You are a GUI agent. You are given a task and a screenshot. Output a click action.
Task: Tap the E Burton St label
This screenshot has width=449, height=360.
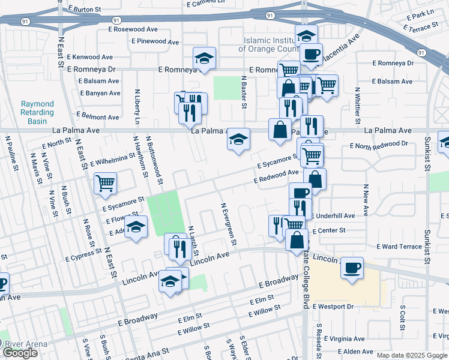point(89,10)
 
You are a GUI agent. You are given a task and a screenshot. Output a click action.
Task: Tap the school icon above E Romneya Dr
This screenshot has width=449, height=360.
point(204,59)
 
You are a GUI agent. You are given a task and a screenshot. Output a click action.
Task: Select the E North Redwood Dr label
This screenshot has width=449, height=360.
point(379,145)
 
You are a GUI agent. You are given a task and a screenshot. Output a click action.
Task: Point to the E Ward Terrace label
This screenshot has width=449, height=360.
point(399,247)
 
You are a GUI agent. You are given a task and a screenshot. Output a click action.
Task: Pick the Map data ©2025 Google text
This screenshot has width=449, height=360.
point(412,355)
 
